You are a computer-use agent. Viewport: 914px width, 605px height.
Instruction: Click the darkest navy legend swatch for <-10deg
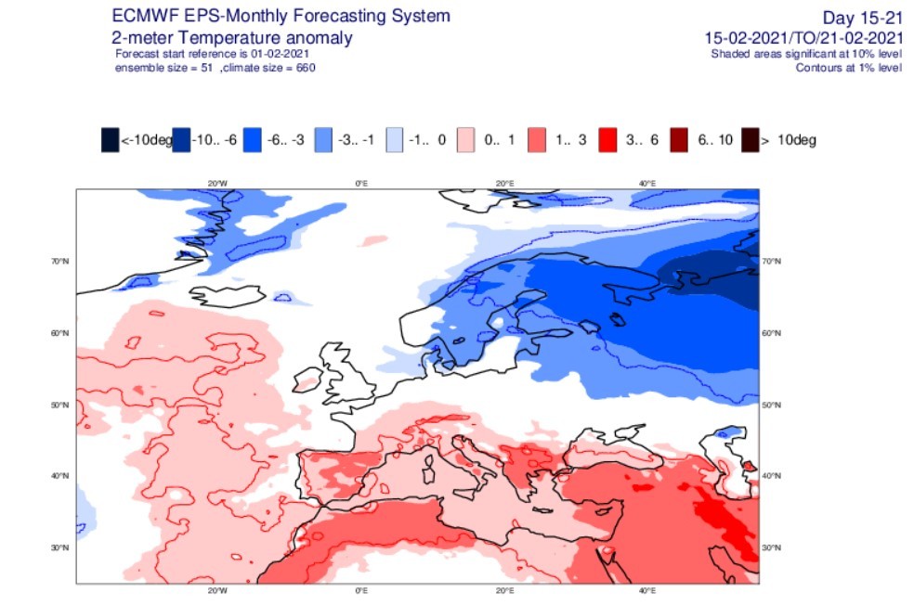coord(111,140)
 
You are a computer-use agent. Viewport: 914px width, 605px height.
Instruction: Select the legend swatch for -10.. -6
coord(181,140)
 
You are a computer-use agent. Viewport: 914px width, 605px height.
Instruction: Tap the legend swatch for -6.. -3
coord(253,140)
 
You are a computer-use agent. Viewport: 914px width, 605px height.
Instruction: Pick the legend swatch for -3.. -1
coord(323,140)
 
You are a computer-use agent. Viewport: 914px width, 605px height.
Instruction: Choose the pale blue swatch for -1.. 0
coord(395,140)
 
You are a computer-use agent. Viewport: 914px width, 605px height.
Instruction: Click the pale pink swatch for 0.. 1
coord(465,140)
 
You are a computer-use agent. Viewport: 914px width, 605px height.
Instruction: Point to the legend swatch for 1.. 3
coord(537,140)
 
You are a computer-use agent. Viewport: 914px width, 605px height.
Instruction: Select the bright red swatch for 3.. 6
coord(608,140)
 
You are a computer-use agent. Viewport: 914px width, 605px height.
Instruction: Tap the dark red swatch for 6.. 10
coord(679,140)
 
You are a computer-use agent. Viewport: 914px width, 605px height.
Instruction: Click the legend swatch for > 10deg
coord(751,140)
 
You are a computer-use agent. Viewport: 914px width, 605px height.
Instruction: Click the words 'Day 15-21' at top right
coord(862,18)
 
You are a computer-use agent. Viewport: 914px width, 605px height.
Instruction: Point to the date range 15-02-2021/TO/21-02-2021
coord(803,38)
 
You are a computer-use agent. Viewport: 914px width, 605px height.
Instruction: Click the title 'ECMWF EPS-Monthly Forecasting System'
coord(281,16)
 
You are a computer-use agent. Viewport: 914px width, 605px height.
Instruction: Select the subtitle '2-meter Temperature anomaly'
coord(232,38)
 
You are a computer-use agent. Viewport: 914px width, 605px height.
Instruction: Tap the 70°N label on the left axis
coord(60,262)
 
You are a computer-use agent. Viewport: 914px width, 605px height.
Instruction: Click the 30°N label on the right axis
coord(771,548)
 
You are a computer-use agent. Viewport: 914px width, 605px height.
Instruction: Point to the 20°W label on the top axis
coord(217,184)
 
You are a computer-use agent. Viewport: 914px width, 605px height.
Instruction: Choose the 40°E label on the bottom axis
coord(647,590)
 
